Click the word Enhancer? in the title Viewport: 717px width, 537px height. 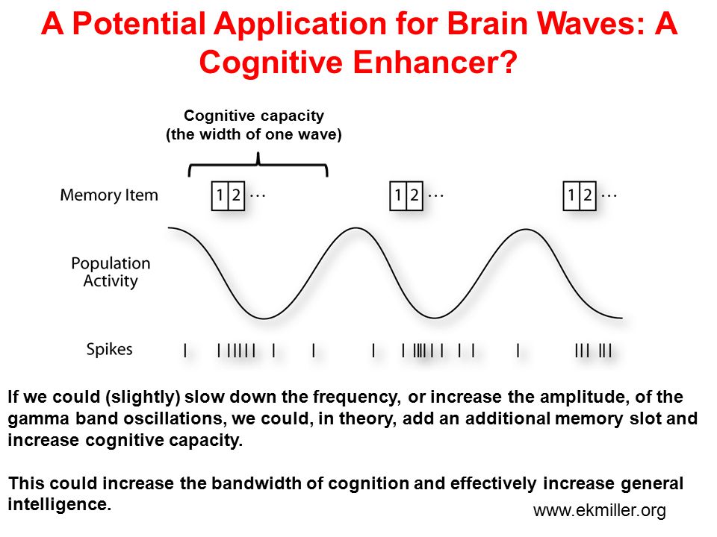[435, 62]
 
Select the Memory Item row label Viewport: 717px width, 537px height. [109, 195]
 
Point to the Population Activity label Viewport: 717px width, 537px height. [111, 272]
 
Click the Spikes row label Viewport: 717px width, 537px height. [109, 349]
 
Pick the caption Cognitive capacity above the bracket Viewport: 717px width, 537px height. [254, 116]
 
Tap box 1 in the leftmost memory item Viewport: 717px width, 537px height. [220, 196]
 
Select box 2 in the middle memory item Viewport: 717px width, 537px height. [415, 196]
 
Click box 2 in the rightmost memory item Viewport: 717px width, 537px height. [588, 196]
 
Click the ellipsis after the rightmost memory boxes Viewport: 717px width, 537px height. [609, 196]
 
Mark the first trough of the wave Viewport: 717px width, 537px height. [264, 318]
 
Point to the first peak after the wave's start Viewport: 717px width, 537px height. [355, 228]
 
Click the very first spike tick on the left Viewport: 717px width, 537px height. [185, 351]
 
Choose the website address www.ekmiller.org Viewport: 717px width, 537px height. [600, 510]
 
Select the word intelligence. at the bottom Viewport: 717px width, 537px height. [60, 504]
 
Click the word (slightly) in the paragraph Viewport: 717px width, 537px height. [143, 398]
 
